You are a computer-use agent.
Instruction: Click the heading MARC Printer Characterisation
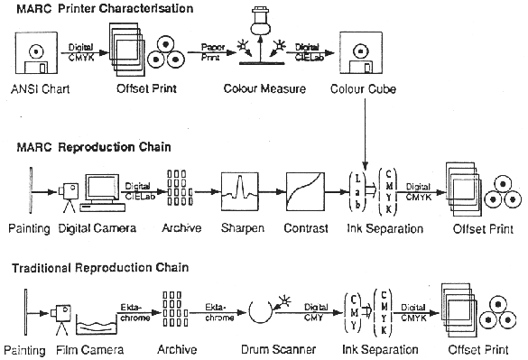[x=105, y=8]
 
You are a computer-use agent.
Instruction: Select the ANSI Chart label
[x=41, y=89]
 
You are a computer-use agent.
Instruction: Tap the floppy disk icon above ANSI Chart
[x=36, y=53]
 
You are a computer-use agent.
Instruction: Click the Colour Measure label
[x=264, y=88]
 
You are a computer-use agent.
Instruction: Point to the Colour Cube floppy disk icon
[x=361, y=52]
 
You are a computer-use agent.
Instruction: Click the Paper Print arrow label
[x=213, y=51]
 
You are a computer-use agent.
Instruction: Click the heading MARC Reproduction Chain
[x=94, y=147]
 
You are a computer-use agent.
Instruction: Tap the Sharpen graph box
[x=240, y=191]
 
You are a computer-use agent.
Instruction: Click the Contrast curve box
[x=305, y=191]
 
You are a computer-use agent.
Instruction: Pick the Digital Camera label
[x=97, y=228]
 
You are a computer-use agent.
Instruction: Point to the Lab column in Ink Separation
[x=357, y=191]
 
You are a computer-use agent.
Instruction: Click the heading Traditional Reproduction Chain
[x=100, y=268]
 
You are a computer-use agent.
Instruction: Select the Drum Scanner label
[x=279, y=349]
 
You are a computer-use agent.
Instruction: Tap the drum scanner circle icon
[x=261, y=311]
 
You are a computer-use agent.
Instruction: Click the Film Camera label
[x=90, y=350]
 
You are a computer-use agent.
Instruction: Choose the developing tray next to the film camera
[x=97, y=325]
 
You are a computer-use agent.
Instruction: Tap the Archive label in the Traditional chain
[x=177, y=349]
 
